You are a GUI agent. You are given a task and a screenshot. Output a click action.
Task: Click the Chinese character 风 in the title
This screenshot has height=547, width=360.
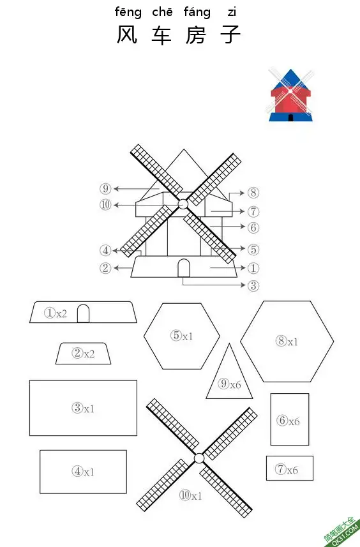click(x=126, y=34)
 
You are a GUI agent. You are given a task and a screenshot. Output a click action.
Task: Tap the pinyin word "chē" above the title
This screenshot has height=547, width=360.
click(x=162, y=12)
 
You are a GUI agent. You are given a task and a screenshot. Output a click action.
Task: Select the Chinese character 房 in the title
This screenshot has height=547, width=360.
click(x=195, y=34)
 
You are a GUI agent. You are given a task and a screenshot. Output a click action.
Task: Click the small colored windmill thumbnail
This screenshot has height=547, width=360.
click(x=291, y=95)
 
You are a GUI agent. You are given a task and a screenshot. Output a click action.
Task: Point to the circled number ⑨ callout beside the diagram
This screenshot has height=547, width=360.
click(x=105, y=189)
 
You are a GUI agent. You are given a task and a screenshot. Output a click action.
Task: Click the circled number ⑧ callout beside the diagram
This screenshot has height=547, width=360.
click(x=253, y=192)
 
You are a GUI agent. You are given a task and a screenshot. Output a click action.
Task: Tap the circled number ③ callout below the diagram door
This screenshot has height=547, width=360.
click(x=253, y=285)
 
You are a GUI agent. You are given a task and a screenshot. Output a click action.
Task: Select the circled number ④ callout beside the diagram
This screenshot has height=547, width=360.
click(x=105, y=250)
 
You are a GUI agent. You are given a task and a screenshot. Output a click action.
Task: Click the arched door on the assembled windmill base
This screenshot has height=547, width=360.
click(x=184, y=268)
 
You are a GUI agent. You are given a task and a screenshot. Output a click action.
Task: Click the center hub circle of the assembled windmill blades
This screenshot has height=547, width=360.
click(x=183, y=204)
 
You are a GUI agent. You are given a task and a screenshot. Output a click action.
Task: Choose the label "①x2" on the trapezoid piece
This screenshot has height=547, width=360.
click(x=56, y=313)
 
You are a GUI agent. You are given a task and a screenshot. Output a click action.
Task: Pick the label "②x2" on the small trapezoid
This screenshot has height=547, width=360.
click(x=83, y=354)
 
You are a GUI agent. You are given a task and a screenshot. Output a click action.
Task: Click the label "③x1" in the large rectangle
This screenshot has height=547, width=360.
click(x=83, y=408)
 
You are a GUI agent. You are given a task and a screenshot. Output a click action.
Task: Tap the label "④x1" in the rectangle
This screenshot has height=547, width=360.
click(x=83, y=471)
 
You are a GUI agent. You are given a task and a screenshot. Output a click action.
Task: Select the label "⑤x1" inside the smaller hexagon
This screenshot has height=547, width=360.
click(x=181, y=336)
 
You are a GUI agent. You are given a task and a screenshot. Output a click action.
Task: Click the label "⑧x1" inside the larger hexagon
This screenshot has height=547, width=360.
click(x=287, y=341)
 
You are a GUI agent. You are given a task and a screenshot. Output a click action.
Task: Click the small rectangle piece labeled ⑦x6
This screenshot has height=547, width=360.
click(x=290, y=468)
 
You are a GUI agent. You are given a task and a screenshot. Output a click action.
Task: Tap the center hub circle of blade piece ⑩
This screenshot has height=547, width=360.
click(x=199, y=458)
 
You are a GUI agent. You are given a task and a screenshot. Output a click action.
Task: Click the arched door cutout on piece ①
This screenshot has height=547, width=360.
click(x=83, y=313)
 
